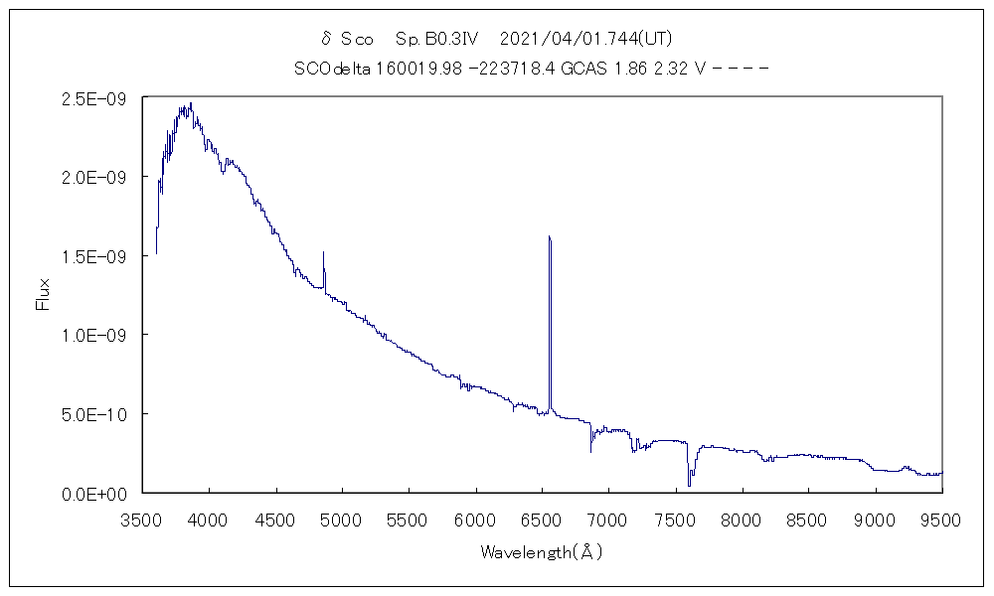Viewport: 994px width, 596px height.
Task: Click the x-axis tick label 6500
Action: pos(542,518)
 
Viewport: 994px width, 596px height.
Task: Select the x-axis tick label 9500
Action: pos(941,518)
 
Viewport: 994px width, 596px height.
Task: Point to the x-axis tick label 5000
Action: pos(342,518)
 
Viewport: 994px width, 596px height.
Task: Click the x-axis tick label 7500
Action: pos(675,518)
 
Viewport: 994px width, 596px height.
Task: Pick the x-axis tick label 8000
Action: pos(742,518)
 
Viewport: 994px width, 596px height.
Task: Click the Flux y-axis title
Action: pos(43,294)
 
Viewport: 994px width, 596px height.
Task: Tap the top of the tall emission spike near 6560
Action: pos(549,237)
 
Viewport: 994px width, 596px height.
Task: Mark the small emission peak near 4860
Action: pos(323,253)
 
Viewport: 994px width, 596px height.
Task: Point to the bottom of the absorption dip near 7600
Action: pos(689,485)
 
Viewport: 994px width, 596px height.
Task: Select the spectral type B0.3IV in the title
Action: pos(438,40)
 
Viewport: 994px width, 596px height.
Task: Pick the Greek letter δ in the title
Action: pos(325,40)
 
